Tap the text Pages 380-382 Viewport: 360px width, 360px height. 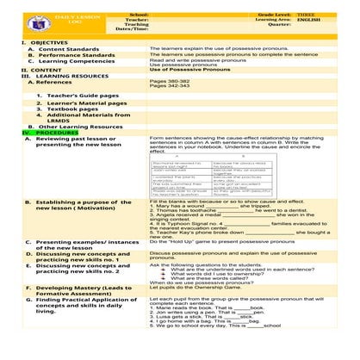(x=169, y=81)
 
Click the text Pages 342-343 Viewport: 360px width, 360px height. (x=169, y=87)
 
